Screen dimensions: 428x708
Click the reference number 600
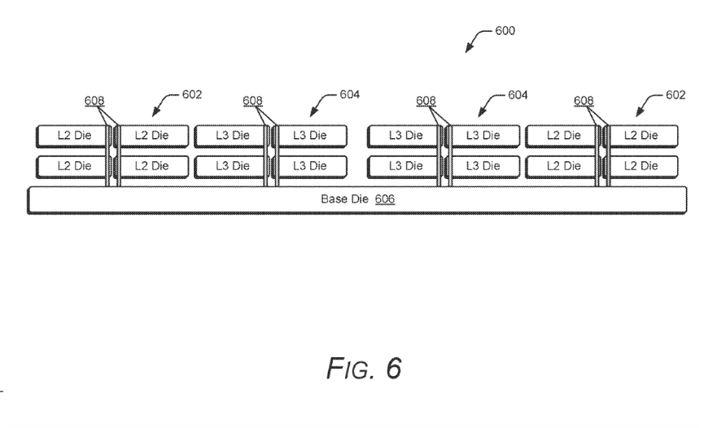[505, 31]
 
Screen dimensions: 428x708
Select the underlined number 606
[385, 199]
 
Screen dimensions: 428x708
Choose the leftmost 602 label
[192, 94]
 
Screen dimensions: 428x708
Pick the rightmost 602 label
[675, 94]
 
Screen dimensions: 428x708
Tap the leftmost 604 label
[350, 94]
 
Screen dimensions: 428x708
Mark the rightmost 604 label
[518, 94]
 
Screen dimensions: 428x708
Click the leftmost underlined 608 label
[94, 102]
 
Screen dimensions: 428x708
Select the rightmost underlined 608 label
[583, 102]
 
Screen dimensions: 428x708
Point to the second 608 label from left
[252, 102]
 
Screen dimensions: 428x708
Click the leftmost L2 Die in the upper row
[72, 135]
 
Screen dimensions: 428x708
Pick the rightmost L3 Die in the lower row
[483, 166]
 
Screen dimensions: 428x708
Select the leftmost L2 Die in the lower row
[72, 166]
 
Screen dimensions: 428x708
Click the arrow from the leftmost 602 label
[165, 103]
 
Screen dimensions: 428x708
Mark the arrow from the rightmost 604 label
[491, 103]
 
